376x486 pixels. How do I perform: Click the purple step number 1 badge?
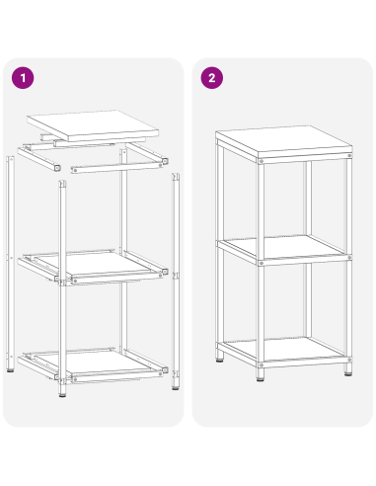[20, 76]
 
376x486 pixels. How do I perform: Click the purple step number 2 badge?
[209, 76]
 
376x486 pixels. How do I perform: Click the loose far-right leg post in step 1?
[176, 277]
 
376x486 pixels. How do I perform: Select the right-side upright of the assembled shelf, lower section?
[348, 306]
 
